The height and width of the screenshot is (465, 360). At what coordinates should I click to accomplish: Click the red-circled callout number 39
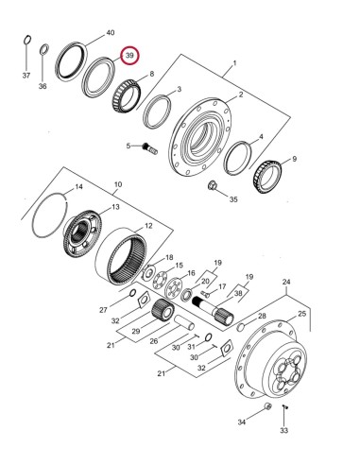(129, 59)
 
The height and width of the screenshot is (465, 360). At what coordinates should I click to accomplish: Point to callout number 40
(111, 33)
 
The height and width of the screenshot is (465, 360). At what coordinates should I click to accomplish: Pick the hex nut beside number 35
(211, 186)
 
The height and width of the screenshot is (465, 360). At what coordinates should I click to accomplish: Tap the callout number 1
(228, 69)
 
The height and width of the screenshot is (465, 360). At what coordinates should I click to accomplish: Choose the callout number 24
(286, 280)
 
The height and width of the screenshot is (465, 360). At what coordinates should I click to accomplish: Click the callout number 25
(302, 313)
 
